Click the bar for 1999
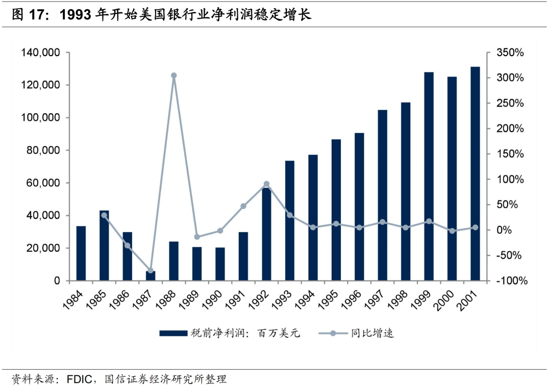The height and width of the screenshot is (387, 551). point(429,176)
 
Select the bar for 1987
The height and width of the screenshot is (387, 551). point(151,276)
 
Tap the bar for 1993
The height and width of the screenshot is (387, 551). point(290,221)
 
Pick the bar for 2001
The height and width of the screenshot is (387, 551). point(475,174)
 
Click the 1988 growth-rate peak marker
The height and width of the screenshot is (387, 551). point(173,75)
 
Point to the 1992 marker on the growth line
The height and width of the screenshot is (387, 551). point(266,184)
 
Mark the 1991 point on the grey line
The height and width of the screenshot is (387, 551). point(243,206)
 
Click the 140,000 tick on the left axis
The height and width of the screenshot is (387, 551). point(40,53)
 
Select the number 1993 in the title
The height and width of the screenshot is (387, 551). point(77,15)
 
